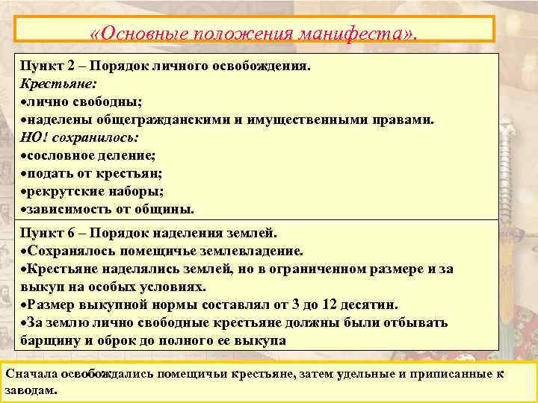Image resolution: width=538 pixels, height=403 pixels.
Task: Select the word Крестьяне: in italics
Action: pos(55,83)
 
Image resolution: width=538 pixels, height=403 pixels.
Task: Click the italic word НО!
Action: pos(34,137)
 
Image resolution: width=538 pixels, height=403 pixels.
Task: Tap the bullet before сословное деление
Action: pos(23,155)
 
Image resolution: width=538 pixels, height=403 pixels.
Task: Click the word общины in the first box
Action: pos(167,209)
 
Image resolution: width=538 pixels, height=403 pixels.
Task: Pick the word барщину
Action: pos(49,340)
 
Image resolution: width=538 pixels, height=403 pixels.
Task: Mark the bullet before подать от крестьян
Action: pos(23,173)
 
